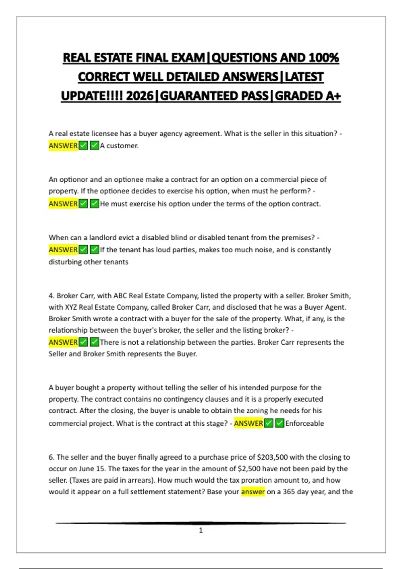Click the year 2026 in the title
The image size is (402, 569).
click(140, 96)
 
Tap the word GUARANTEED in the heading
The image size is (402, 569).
click(214, 96)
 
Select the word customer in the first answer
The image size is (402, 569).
click(122, 146)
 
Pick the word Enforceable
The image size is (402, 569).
click(305, 423)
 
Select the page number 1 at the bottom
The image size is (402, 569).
click(201, 530)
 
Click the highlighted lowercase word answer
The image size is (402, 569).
click(253, 492)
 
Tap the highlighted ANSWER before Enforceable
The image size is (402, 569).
click(249, 423)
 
